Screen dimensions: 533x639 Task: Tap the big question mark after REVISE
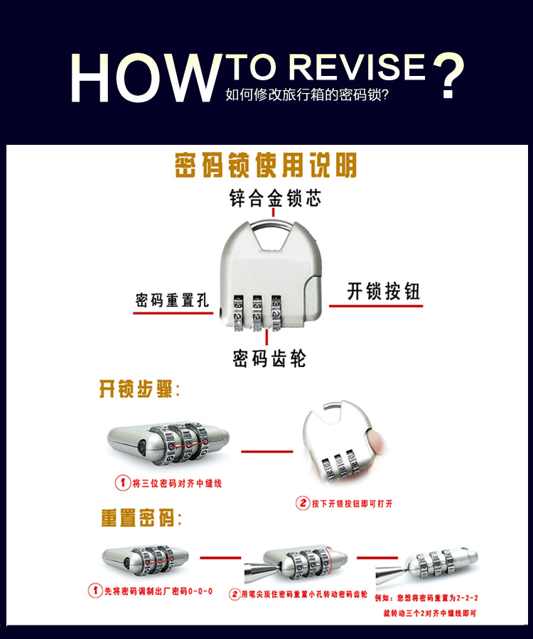point(448,75)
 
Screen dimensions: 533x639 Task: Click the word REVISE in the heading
point(357,67)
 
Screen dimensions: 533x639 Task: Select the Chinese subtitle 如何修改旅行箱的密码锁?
point(307,94)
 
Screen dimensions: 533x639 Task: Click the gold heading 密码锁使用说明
point(266,165)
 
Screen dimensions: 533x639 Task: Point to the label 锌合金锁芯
point(275,199)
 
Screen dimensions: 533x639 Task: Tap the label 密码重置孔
point(172,300)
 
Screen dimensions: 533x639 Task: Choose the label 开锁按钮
point(383,291)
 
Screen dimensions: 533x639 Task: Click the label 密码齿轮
point(269,359)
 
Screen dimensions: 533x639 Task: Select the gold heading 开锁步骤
point(139,389)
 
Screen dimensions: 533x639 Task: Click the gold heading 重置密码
point(141,518)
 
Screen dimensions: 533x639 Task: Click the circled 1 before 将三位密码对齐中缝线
point(122,483)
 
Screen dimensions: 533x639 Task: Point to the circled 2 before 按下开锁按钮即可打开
point(303,503)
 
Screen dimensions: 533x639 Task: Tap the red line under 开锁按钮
point(376,305)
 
